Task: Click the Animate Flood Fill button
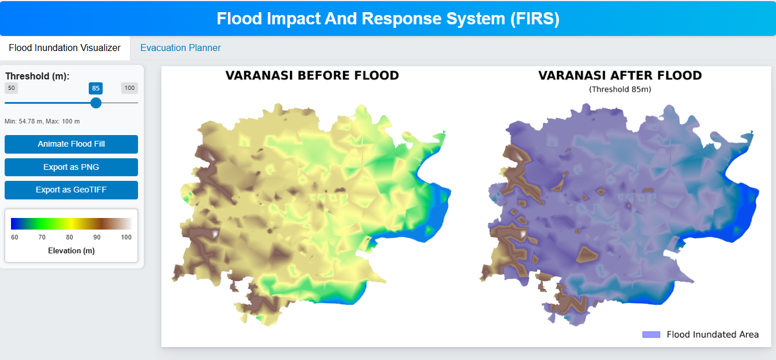(x=71, y=144)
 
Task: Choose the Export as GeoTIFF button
(x=71, y=190)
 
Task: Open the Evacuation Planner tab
(x=180, y=48)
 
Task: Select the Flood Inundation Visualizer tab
(x=65, y=48)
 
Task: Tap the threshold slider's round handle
(x=96, y=103)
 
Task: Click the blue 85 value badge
(x=96, y=88)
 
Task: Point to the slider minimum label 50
(x=12, y=88)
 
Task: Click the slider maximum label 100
(x=129, y=88)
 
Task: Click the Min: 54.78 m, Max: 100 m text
(x=42, y=122)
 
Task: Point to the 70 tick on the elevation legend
(x=42, y=237)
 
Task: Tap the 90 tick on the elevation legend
(x=97, y=237)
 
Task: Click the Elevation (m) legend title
(x=71, y=250)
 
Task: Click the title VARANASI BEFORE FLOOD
(x=312, y=75)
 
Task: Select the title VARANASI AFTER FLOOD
(x=620, y=75)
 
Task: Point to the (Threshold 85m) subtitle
(x=620, y=89)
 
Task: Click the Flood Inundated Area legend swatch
(x=651, y=334)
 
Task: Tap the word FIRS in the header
(x=535, y=19)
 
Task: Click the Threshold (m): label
(x=38, y=76)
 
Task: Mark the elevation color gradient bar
(x=71, y=224)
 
